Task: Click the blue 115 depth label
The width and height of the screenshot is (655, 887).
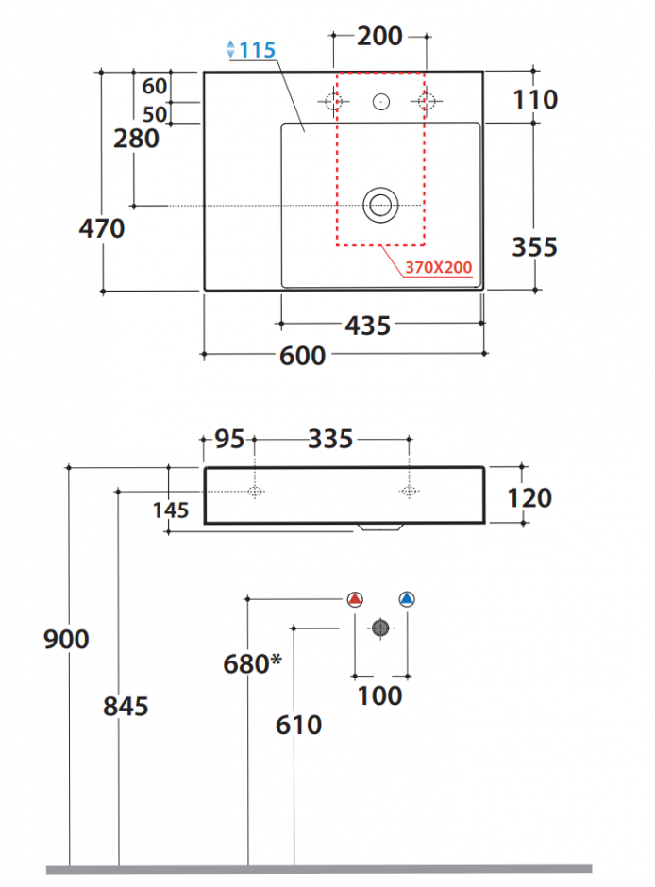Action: coord(258,50)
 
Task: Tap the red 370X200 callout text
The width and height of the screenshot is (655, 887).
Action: coord(438,267)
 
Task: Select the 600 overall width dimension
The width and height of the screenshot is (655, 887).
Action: coord(302,356)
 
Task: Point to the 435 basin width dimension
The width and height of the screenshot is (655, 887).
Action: coord(368,326)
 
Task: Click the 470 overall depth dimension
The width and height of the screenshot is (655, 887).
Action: coord(102,228)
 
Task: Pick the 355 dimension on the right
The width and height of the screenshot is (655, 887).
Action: coord(534,247)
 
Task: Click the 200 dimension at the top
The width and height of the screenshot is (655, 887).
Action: coord(379,36)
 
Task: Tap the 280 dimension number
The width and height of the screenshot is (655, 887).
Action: coord(136,139)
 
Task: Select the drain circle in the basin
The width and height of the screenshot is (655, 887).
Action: coord(380,205)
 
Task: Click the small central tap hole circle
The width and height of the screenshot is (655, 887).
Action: coord(381,102)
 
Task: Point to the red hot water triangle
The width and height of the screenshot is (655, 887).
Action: coord(355,599)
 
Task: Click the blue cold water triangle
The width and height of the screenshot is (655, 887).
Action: coord(407,599)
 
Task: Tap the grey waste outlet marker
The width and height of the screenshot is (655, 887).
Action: coord(380,628)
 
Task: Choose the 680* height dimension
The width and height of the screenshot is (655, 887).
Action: coord(252,663)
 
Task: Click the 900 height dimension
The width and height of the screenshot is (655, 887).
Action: coord(66,639)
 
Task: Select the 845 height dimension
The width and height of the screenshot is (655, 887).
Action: coord(126,707)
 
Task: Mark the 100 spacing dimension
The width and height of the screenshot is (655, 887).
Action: coord(380,695)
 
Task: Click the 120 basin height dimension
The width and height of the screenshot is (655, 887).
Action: coord(529,498)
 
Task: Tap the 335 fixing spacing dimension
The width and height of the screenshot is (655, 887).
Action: coord(330,439)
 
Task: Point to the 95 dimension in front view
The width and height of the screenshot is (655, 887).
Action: coord(229,439)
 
